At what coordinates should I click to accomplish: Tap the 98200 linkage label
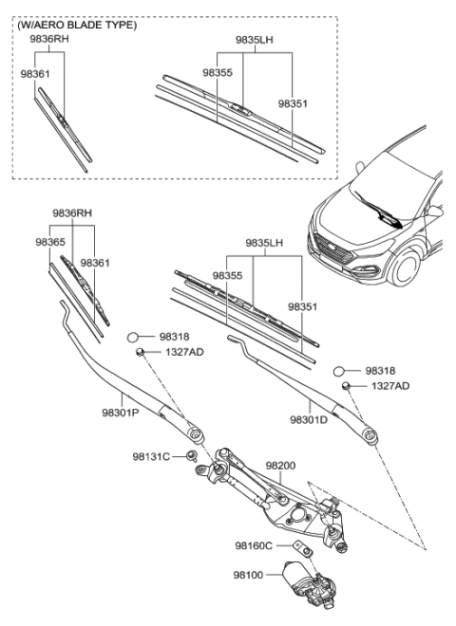click(x=282, y=466)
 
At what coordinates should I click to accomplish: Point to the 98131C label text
click(x=151, y=456)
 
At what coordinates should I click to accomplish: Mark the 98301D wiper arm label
click(x=310, y=418)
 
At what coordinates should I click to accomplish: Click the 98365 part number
click(x=50, y=243)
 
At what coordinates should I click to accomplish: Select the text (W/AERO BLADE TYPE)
click(x=77, y=26)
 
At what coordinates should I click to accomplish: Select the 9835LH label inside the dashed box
click(x=255, y=42)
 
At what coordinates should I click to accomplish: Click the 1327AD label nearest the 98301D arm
click(x=390, y=386)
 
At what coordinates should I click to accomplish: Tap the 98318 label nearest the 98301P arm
click(x=175, y=335)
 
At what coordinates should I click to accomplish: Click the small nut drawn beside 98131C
click(x=193, y=457)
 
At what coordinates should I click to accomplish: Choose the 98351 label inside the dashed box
click(x=293, y=102)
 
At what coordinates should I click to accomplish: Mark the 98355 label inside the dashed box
click(x=217, y=71)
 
